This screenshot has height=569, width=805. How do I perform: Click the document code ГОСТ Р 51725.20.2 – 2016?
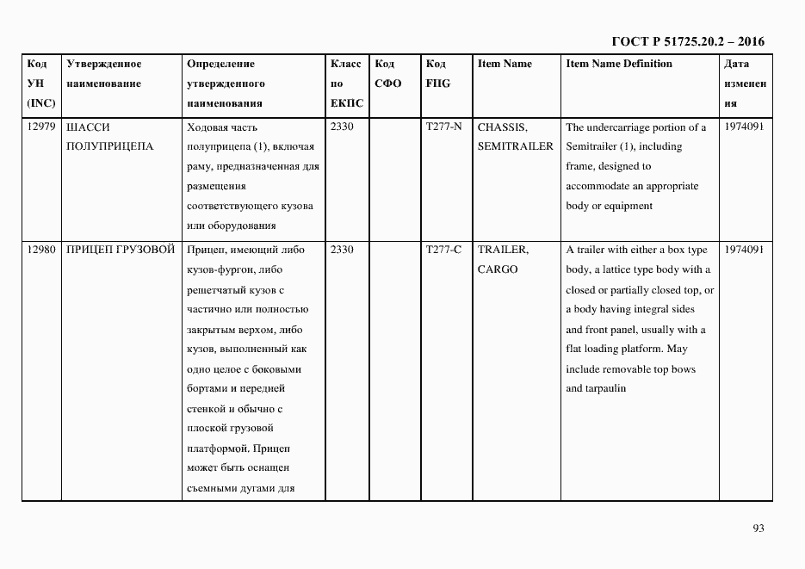point(687,41)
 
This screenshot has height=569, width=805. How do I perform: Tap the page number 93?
point(758,528)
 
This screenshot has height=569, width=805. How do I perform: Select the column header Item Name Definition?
point(619,64)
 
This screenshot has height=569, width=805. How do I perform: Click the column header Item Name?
point(505,64)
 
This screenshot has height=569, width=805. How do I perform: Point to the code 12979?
point(41,127)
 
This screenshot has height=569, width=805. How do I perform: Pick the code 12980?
point(41,250)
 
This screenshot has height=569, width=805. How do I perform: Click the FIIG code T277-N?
point(443,127)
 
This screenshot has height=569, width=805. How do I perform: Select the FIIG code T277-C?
point(443,250)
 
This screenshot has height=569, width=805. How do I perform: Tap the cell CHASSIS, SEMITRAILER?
point(515,137)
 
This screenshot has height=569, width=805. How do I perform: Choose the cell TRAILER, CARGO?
point(504,259)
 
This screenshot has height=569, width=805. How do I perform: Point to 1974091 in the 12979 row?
point(745,127)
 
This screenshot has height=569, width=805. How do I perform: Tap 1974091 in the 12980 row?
point(745,250)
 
